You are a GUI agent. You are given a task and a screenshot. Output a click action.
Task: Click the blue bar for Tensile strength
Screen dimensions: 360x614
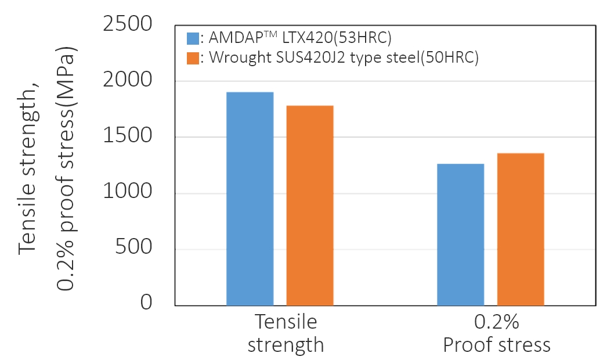click(250, 199)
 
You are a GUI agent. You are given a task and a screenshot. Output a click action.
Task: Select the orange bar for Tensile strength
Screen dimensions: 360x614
click(309, 206)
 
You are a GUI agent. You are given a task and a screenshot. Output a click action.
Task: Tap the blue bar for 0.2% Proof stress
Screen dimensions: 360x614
click(460, 235)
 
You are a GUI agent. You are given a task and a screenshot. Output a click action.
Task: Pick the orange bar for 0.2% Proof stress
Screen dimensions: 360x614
click(520, 229)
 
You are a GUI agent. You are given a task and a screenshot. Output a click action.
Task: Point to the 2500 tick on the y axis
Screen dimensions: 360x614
click(127, 25)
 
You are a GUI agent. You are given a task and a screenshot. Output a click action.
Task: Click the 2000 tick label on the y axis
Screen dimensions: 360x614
click(127, 81)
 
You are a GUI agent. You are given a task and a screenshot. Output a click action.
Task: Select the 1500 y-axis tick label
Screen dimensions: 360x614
click(127, 137)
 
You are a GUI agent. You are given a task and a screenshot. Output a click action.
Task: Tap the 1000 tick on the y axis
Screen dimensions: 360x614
click(127, 193)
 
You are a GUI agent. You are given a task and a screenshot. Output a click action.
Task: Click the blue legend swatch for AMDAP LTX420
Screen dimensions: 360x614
click(193, 39)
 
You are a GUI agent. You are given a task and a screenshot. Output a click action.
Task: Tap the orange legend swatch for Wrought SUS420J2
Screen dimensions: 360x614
click(193, 58)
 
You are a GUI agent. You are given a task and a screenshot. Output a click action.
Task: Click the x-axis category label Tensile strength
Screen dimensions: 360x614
click(286, 334)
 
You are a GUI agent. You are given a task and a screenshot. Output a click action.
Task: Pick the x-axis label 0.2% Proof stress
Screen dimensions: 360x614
click(496, 334)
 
